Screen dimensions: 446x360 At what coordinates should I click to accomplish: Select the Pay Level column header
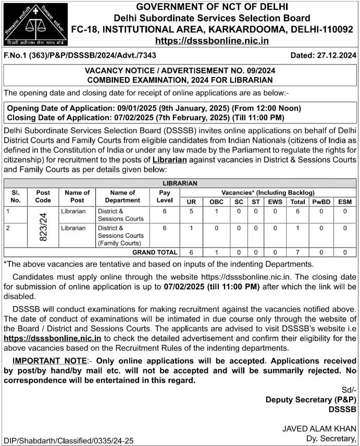coord(164,196)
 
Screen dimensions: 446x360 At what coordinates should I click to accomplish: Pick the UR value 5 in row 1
coord(192,211)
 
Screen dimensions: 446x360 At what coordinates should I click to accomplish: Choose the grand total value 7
coord(298,252)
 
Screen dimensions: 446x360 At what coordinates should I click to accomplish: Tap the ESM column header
coord(345,201)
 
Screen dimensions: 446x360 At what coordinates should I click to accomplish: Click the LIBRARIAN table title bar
coord(180,183)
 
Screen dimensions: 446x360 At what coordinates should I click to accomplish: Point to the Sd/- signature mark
coord(349,390)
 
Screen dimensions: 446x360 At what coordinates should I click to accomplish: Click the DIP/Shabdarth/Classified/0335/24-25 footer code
coord(68,440)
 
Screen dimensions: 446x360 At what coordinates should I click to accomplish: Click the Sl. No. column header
coord(16,196)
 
